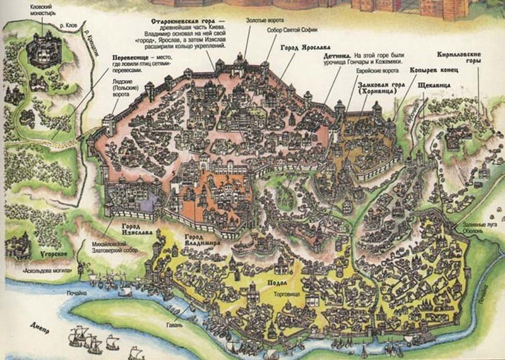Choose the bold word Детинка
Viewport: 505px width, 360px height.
(x=336, y=56)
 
